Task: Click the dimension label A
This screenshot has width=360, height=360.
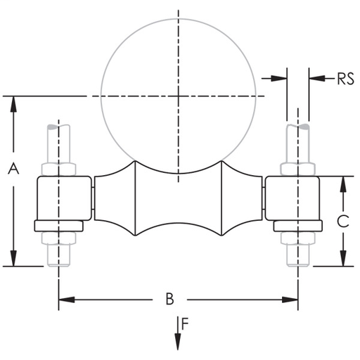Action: click(x=12, y=168)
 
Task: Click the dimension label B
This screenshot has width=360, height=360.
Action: click(x=169, y=299)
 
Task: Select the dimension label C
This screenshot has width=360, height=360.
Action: click(x=342, y=221)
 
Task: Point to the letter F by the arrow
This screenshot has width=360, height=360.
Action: click(x=185, y=324)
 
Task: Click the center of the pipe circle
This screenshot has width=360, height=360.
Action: click(x=179, y=95)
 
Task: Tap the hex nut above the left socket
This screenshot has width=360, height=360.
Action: click(x=58, y=169)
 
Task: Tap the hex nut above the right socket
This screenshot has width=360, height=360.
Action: click(x=297, y=169)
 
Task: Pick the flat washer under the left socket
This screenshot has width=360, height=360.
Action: click(x=60, y=226)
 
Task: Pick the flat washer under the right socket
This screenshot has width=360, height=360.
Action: click(x=297, y=226)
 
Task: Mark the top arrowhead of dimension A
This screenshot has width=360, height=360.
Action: click(x=13, y=103)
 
